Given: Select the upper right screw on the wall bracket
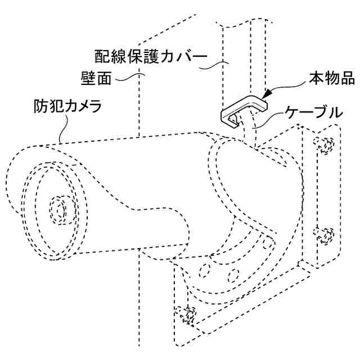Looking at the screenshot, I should click(323, 145).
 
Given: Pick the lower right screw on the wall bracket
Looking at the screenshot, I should click(325, 233).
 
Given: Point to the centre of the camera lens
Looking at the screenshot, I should click(58, 209).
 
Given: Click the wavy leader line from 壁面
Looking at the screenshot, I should click(128, 76).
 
